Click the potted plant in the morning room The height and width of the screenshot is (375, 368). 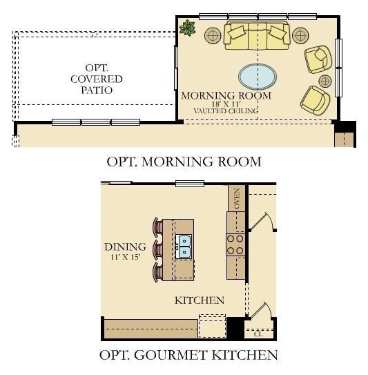(187, 28)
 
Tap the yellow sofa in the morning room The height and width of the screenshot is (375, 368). (256, 35)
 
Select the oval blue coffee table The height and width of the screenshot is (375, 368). (255, 75)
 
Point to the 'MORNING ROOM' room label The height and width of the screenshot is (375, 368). (226, 95)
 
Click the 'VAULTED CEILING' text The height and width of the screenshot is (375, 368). (226, 111)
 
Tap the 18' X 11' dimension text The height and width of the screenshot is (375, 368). (226, 104)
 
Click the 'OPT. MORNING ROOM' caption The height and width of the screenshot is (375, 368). (184, 162)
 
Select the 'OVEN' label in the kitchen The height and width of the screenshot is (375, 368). (237, 198)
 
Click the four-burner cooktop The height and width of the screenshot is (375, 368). (235, 244)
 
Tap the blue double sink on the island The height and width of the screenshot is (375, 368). (184, 247)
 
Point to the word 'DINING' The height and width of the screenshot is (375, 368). (125, 247)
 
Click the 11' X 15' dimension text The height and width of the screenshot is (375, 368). (125, 257)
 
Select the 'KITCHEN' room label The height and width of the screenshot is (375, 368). (199, 300)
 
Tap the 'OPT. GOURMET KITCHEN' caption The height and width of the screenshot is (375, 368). (188, 356)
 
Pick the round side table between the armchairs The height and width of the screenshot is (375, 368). (325, 81)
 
